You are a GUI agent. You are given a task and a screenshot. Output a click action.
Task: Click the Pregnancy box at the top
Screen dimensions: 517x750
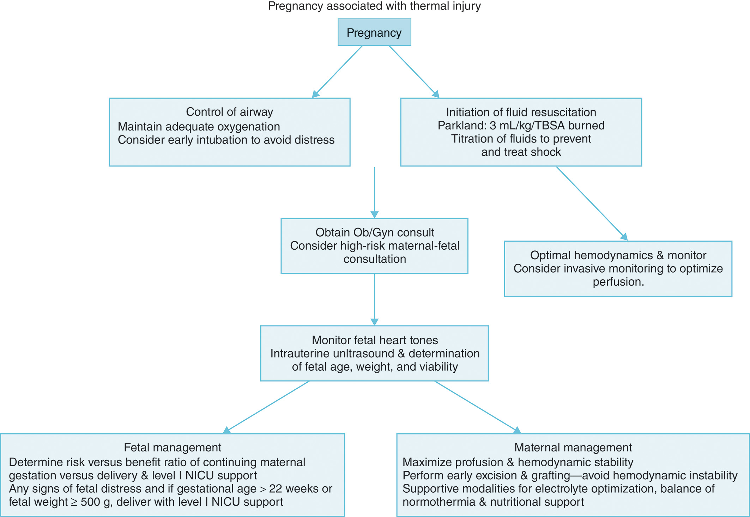374,32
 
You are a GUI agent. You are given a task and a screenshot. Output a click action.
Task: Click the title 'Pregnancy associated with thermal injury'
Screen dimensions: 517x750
374,6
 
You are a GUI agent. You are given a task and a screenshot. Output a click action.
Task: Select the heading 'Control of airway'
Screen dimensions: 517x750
229,112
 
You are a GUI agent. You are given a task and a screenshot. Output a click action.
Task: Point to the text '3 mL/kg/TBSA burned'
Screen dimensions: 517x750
547,126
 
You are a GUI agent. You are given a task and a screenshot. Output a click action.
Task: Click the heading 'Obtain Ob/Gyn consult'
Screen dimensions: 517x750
375,232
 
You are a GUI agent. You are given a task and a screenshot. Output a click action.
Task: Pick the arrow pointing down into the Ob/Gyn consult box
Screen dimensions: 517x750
374,192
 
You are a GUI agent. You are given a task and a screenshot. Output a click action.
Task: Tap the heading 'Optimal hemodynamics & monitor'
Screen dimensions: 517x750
618,255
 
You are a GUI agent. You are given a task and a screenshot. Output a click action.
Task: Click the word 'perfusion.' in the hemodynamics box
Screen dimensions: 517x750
618,282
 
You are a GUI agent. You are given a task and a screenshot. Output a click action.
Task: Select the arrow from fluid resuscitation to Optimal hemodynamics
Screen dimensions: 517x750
592,203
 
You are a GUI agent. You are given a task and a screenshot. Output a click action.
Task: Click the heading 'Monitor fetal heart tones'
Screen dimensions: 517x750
375,340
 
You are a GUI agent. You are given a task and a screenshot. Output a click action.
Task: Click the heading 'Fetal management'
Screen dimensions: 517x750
173,447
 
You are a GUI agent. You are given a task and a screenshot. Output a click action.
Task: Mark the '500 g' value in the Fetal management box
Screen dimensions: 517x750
96,502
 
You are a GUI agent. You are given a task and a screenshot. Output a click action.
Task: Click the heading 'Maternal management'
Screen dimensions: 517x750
573,447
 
